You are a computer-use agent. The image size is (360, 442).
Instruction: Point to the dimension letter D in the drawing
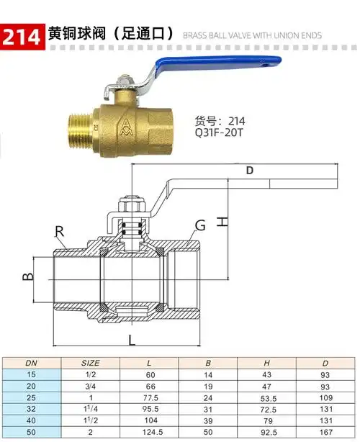pyautogui.click(x=250, y=171)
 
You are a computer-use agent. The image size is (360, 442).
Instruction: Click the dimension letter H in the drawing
pyautogui.click(x=224, y=221)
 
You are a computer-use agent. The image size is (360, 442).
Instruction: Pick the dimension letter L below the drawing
pyautogui.click(x=132, y=339)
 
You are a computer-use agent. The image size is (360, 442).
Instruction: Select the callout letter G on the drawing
pyautogui.click(x=200, y=225)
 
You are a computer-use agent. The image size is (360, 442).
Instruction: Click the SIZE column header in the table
pyautogui.click(x=89, y=362)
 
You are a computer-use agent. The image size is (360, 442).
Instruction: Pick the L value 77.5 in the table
pyautogui.click(x=150, y=398)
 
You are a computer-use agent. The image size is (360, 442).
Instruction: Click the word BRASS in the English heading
pyautogui.click(x=196, y=35)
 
